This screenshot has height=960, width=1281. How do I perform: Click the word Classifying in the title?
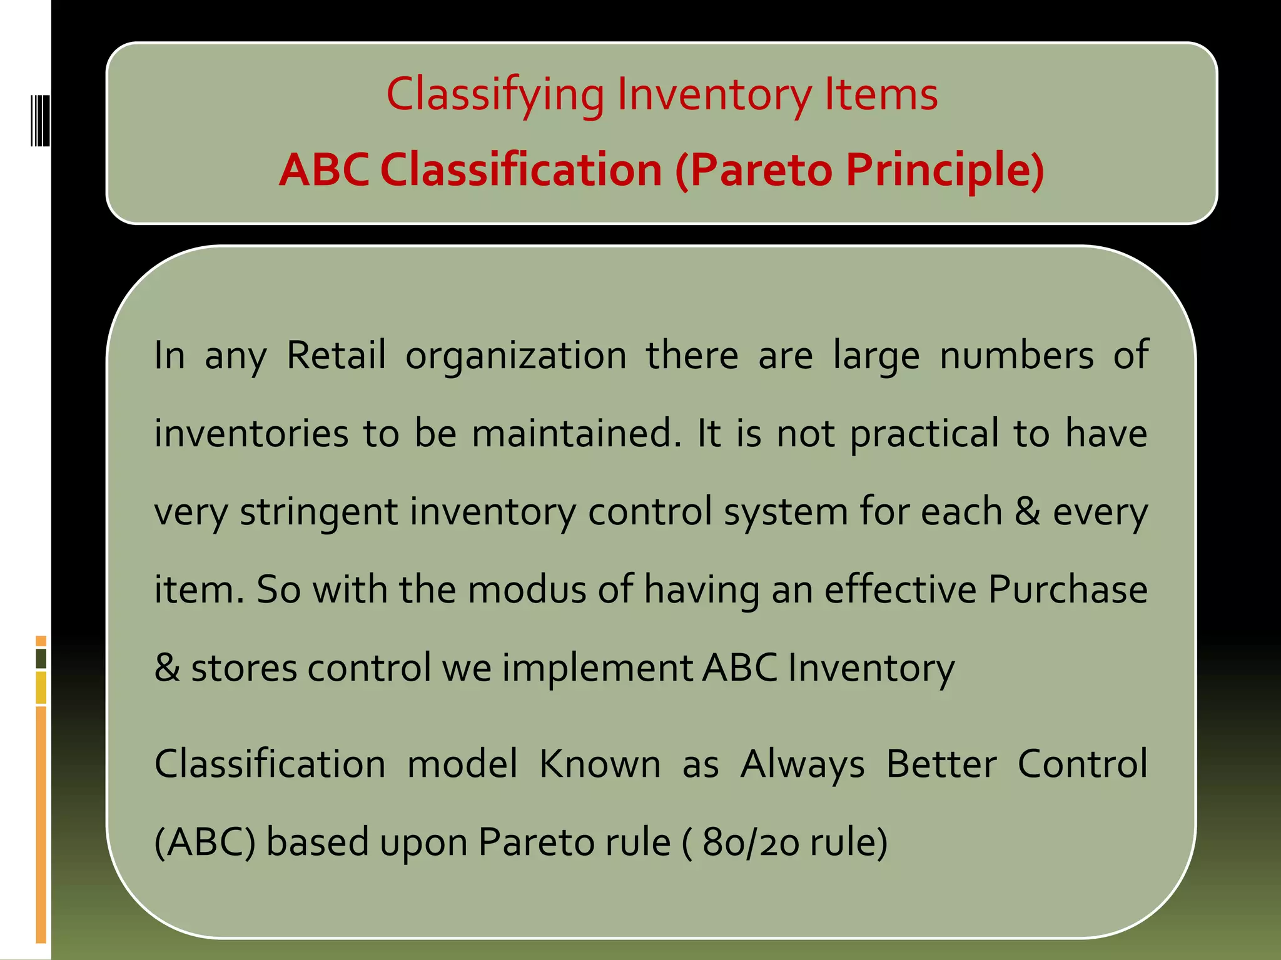point(495,95)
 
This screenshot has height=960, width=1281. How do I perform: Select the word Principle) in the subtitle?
point(944,170)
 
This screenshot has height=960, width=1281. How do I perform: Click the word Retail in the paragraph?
point(336,355)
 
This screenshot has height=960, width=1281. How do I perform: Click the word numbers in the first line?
point(1016,355)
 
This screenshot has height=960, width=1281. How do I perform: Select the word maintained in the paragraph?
point(575,433)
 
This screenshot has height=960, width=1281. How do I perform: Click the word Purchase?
point(1068,589)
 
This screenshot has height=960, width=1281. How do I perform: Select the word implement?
point(597,667)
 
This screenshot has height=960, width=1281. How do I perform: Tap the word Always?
point(803,764)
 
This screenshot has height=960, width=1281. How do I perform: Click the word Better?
point(941,763)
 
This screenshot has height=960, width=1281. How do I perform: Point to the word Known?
point(600,763)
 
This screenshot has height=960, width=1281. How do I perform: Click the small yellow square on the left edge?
point(41,687)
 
